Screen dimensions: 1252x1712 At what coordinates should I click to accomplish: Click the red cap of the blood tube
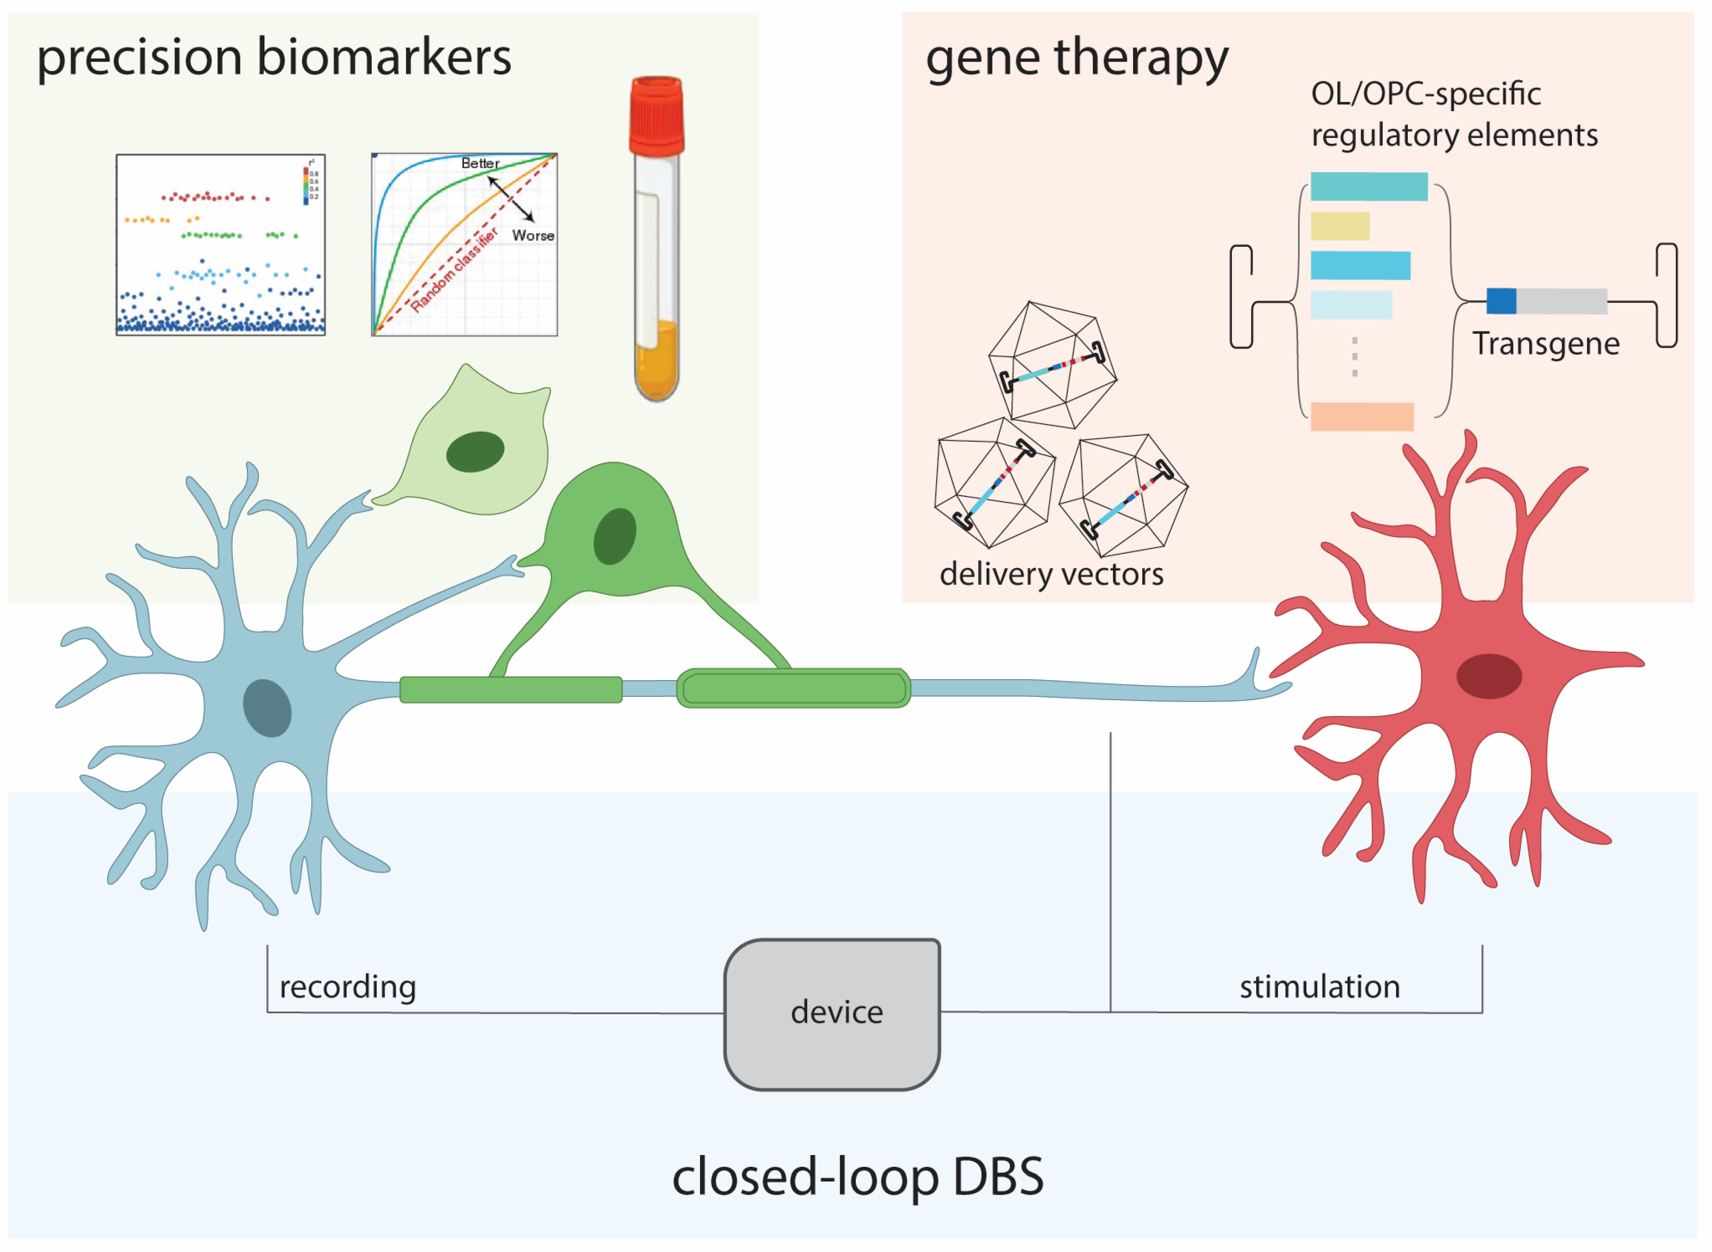pyautogui.click(x=656, y=114)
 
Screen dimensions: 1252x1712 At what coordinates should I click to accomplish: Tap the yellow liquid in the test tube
pyautogui.click(x=656, y=360)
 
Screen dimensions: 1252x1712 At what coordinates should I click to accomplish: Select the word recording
pyautogui.click(x=348, y=987)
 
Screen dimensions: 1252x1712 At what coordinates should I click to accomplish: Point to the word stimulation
pyautogui.click(x=1320, y=987)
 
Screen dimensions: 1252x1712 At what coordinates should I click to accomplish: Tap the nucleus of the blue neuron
pyautogui.click(x=267, y=708)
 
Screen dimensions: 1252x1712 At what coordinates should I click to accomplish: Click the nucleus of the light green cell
pyautogui.click(x=475, y=452)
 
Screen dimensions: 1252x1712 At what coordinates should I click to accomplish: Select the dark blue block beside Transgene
pyautogui.click(x=1501, y=301)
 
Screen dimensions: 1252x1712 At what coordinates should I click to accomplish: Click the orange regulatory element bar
pyautogui.click(x=1362, y=417)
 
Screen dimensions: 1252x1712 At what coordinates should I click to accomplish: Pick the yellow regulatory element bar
pyautogui.click(x=1340, y=226)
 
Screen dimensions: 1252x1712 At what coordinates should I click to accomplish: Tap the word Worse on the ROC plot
pyautogui.click(x=533, y=236)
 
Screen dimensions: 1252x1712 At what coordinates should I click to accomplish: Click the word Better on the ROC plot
pyautogui.click(x=480, y=163)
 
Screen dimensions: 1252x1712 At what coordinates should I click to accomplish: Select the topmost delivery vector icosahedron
pyautogui.click(x=1052, y=365)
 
